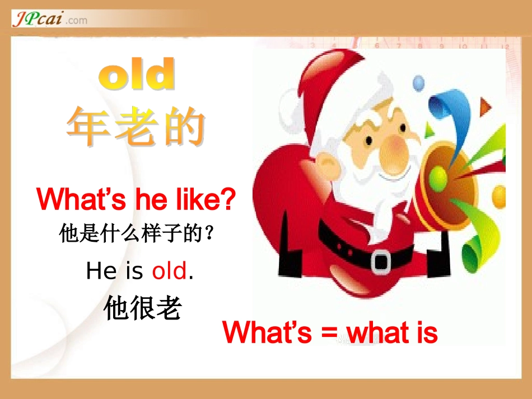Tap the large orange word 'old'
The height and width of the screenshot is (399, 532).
pos(137,76)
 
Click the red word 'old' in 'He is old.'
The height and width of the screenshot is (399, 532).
pos(169,271)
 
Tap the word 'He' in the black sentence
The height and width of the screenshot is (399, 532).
pos(101,271)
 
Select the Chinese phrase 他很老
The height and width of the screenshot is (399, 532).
pos(143,308)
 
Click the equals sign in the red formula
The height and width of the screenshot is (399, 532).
pos(329,333)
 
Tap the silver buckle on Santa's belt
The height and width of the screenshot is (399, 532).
pos(381,260)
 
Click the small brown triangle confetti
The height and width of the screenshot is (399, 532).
pos(484,105)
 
